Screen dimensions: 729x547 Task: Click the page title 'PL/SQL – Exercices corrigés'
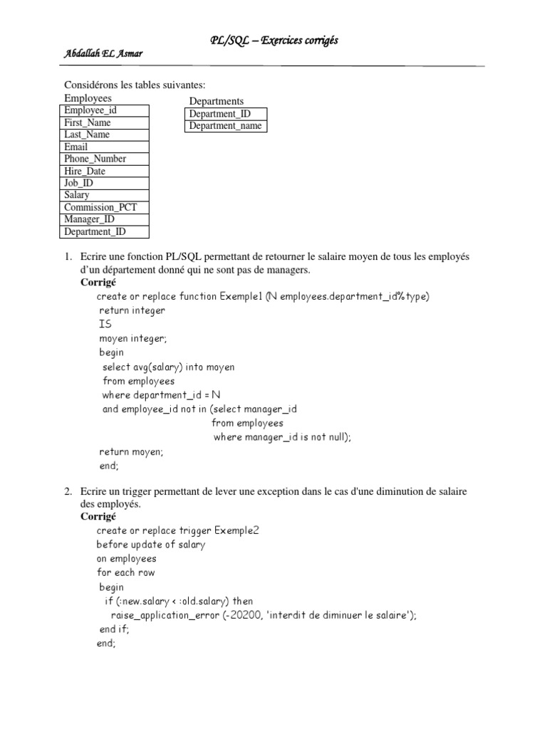pyautogui.click(x=273, y=41)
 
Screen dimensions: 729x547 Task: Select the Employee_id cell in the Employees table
pyautogui.click(x=104, y=110)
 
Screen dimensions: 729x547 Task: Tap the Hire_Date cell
pyautogui.click(x=104, y=171)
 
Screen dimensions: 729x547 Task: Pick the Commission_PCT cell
pyautogui.click(x=104, y=207)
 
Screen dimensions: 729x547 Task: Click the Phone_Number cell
pyautogui.click(x=104, y=159)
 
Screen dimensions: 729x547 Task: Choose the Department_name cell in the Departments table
pyautogui.click(x=225, y=126)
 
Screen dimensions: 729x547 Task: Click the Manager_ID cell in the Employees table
pyautogui.click(x=104, y=219)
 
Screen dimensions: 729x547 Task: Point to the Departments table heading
pyautogui.click(x=217, y=101)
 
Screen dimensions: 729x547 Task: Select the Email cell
pyautogui.click(x=104, y=147)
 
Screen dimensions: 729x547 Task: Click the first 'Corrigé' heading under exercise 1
pyautogui.click(x=98, y=283)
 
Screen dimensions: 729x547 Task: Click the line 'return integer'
pyautogui.click(x=132, y=310)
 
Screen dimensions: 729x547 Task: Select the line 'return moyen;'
pyautogui.click(x=131, y=451)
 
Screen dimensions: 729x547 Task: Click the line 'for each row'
pyautogui.click(x=126, y=572)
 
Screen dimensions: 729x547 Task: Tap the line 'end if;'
pyautogui.click(x=115, y=629)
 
